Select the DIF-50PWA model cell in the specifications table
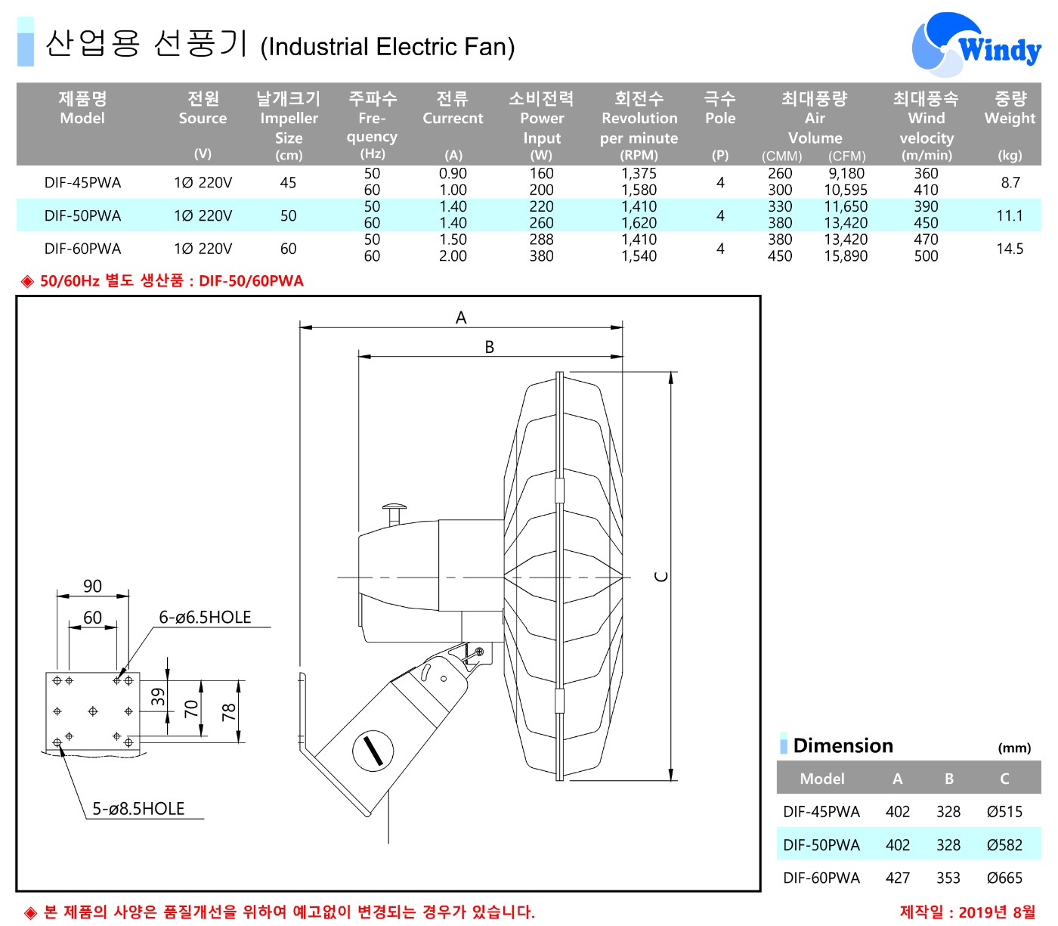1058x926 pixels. pyautogui.click(x=82, y=215)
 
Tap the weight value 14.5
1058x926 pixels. pyautogui.click(x=1010, y=249)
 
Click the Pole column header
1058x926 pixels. pyautogui.click(x=719, y=118)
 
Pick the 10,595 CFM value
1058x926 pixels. pyautogui.click(x=846, y=190)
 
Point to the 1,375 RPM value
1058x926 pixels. pyautogui.click(x=639, y=174)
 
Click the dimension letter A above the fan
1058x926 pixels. pyautogui.click(x=461, y=318)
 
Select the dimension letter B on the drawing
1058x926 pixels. pyautogui.click(x=490, y=347)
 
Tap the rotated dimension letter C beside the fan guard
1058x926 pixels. pyautogui.click(x=661, y=577)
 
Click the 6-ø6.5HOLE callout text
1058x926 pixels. pyautogui.click(x=205, y=618)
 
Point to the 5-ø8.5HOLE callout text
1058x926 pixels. pyautogui.click(x=138, y=809)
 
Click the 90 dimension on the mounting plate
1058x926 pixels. pyautogui.click(x=92, y=586)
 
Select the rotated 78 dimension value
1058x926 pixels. pyautogui.click(x=229, y=711)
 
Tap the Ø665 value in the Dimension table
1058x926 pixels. pyautogui.click(x=1004, y=878)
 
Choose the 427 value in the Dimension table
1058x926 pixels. pyautogui.click(x=897, y=878)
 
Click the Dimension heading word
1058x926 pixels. pyautogui.click(x=843, y=746)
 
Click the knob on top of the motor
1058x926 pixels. pyautogui.click(x=394, y=510)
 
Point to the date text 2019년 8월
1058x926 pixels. pyautogui.click(x=997, y=912)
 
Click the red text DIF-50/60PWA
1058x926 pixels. pyautogui.click(x=251, y=281)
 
